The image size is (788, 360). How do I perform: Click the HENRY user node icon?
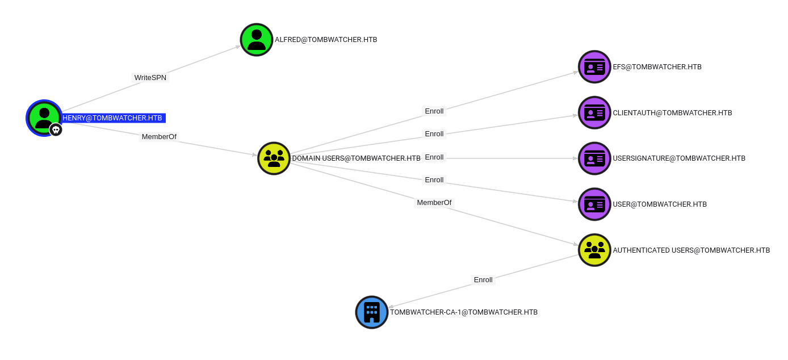(x=44, y=118)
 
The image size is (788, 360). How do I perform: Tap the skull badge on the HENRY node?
(x=56, y=130)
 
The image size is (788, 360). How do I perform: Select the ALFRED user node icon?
(x=257, y=40)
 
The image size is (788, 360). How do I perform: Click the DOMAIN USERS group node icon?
(x=274, y=158)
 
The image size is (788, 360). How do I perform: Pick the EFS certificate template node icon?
(x=594, y=67)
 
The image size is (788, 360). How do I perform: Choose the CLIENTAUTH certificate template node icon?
(x=594, y=112)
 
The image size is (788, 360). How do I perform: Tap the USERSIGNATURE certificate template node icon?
(x=594, y=158)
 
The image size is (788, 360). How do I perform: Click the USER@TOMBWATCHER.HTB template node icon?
(x=594, y=204)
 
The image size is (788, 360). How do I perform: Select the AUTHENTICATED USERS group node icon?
(x=594, y=250)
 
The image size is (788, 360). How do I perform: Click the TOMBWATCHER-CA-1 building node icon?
(x=372, y=312)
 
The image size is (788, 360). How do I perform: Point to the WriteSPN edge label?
(x=150, y=78)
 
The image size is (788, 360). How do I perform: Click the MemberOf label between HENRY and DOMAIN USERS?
(x=159, y=137)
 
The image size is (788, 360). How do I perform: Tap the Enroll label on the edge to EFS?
(x=434, y=111)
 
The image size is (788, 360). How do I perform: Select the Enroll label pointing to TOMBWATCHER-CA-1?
(x=483, y=280)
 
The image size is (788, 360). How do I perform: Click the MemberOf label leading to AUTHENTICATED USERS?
(x=434, y=203)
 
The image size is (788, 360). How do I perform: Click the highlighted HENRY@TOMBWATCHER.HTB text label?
(x=112, y=118)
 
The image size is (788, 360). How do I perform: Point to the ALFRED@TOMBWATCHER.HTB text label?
(x=326, y=40)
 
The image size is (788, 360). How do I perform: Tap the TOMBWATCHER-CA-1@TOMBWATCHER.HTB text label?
(x=464, y=312)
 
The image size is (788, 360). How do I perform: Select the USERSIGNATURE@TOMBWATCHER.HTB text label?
(x=679, y=158)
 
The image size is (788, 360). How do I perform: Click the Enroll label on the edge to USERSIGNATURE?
(x=434, y=157)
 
